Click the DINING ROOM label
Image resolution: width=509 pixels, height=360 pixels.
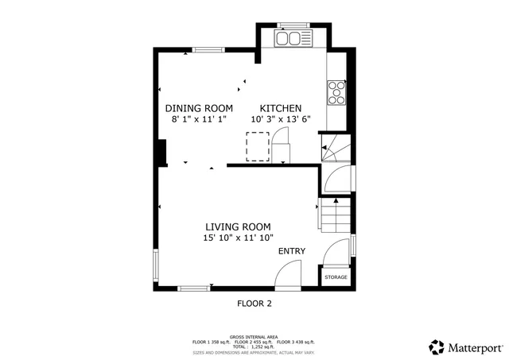[199, 108]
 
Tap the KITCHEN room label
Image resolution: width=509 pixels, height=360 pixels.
[281, 108]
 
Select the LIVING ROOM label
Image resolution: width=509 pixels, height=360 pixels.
[239, 226]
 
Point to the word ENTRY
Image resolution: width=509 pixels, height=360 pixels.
[291, 252]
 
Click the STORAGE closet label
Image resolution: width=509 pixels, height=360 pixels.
[336, 277]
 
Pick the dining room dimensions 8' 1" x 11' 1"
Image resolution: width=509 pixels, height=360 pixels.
[199, 119]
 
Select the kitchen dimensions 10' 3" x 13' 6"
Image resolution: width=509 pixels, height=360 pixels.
[281, 119]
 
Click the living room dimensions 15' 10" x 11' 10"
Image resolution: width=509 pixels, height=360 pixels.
[239, 237]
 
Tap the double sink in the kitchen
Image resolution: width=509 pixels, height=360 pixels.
[293, 37]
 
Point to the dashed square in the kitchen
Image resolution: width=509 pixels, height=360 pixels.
[258, 145]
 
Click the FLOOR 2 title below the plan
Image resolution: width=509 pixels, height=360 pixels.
[254, 303]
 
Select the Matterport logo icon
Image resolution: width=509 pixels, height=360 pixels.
[437, 346]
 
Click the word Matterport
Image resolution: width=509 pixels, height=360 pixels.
[475, 347]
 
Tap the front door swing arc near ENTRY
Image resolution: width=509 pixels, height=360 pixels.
[286, 275]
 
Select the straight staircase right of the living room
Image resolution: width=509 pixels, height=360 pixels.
[334, 215]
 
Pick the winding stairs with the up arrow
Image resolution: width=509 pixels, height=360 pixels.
[334, 147]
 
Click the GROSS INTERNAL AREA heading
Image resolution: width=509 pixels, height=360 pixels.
[254, 337]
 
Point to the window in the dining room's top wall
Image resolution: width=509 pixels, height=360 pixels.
[208, 50]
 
